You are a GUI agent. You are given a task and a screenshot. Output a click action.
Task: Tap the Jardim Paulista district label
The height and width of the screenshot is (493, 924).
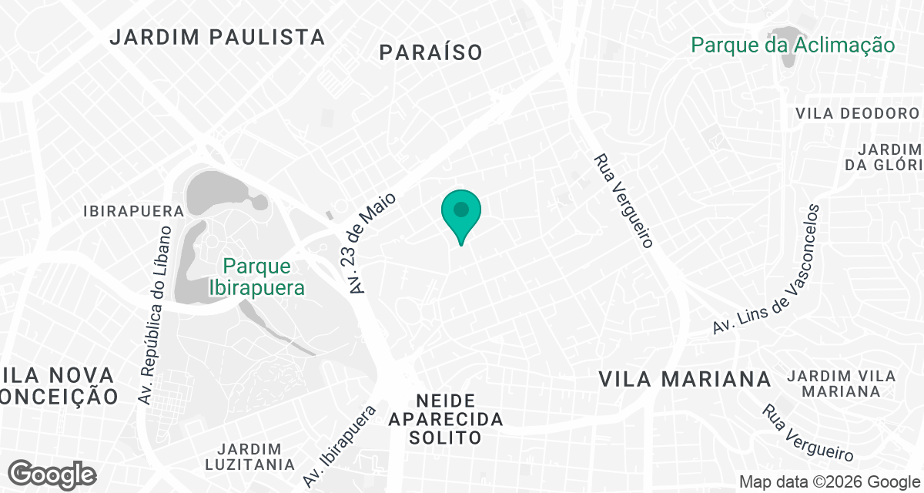point(217,36)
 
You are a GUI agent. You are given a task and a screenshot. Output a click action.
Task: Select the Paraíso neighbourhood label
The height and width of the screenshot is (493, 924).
point(431,52)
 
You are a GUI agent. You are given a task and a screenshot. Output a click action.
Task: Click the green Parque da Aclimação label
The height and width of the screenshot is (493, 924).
point(793,45)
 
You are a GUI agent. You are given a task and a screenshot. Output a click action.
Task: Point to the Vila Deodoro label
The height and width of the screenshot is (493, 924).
point(858,113)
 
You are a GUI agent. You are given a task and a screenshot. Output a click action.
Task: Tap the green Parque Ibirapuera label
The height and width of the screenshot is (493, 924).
point(257,277)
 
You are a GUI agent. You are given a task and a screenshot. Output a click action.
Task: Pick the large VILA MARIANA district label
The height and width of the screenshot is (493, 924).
point(685,379)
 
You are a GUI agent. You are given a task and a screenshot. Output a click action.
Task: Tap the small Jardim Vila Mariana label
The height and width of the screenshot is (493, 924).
point(841,384)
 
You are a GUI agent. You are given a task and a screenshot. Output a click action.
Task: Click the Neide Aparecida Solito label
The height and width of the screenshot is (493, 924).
point(446,419)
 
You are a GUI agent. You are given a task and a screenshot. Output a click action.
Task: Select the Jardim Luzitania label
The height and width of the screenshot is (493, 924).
point(249,457)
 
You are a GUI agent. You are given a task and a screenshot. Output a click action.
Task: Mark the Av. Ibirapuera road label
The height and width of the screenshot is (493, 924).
point(340,444)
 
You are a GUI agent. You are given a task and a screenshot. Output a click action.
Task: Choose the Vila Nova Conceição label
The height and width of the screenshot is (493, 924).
point(59,386)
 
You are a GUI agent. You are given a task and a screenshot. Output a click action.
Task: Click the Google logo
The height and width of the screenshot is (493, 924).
point(52,474)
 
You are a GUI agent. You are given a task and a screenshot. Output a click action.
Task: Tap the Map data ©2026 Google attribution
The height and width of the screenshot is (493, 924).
point(829,482)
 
